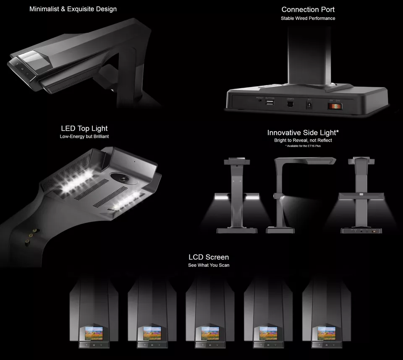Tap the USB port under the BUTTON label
[270, 102]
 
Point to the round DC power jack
[310, 105]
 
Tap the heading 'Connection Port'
[308, 9]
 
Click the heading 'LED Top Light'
[84, 129]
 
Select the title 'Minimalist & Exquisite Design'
[73, 9]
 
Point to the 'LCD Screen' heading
[209, 257]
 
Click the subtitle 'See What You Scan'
[209, 265]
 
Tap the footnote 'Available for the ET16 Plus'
[303, 146]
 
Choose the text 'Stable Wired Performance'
[308, 18]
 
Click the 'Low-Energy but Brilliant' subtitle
[84, 137]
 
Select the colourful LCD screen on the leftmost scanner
[94, 333]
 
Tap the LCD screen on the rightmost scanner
[326, 333]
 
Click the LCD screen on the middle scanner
[210, 333]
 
